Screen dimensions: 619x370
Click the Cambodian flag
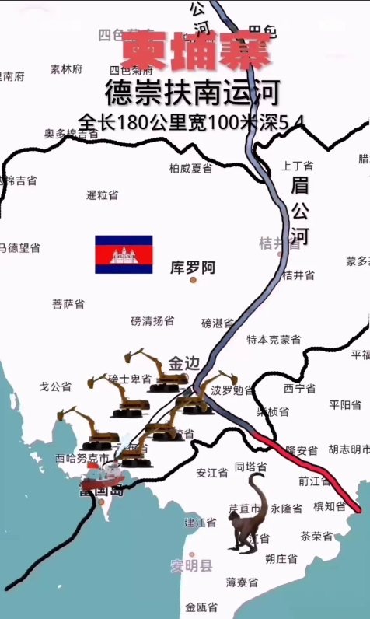coord(124,254)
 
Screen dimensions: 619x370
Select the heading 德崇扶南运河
coord(191,93)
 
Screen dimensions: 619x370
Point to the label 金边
coord(184,363)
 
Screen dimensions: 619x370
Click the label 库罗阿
coord(193,267)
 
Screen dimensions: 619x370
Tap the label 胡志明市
coord(347,449)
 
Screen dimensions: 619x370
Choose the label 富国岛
coord(101,490)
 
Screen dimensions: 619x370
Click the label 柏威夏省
coord(190,168)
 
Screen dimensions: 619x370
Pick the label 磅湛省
coord(218,323)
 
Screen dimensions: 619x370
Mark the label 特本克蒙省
coord(274,340)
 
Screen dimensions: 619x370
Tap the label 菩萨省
coord(68,303)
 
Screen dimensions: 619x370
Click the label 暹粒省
coord(102,194)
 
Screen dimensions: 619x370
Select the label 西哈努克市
coord(82,459)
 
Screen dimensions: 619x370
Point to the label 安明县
coord(191,565)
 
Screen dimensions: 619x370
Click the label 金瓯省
coord(201,607)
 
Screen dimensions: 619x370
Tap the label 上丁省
coord(297,166)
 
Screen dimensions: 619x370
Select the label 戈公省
coord(55,386)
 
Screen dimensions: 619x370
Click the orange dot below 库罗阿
coord(193,279)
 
